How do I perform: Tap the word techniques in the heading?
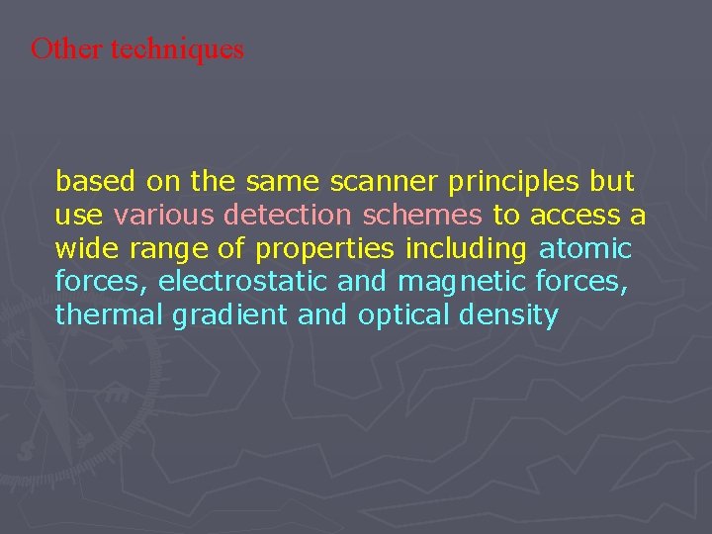(x=177, y=49)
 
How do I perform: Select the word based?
(x=96, y=182)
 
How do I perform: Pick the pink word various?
(x=164, y=215)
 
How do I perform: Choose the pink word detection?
(x=287, y=215)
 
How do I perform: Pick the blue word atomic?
(x=585, y=247)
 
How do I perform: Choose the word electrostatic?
(x=242, y=282)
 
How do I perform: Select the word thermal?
(x=110, y=315)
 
